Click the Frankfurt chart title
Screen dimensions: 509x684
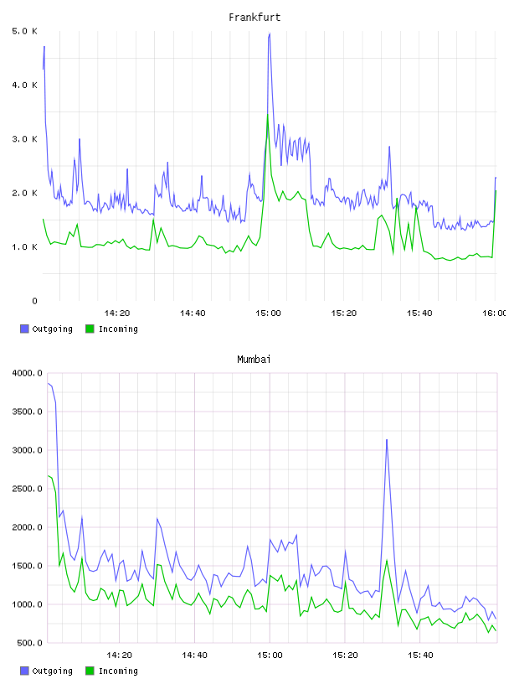coord(254,18)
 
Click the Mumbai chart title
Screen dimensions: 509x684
coord(254,360)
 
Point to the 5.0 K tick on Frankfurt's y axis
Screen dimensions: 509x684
coord(24,31)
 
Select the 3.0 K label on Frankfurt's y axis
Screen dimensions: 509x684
coord(24,139)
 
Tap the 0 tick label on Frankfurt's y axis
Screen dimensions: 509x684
coord(34,301)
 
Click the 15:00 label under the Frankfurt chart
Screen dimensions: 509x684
coord(268,313)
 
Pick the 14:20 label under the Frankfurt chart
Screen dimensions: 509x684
coord(117,313)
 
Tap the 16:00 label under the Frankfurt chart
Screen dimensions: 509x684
coord(495,313)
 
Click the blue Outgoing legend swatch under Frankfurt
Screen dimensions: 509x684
coord(24,329)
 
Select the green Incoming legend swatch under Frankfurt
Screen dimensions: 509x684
coord(90,329)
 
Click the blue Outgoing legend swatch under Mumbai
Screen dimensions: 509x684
coord(24,671)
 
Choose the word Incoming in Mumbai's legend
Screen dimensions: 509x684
coord(118,671)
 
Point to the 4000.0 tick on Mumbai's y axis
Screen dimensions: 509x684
coord(27,373)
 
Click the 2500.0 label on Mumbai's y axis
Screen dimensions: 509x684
coord(27,489)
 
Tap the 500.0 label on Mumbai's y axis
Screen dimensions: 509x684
coord(29,643)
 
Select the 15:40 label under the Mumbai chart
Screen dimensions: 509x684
coord(420,655)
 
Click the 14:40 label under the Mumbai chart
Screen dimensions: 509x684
coord(194,655)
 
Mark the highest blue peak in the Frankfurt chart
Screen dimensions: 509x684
coord(270,34)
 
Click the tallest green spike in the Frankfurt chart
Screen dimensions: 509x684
coord(268,114)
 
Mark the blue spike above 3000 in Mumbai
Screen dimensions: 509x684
coord(387,440)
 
